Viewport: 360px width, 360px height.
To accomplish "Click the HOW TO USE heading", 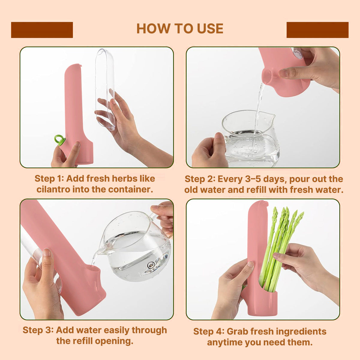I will click(180, 28).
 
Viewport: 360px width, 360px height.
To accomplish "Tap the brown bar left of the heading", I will click(42, 30).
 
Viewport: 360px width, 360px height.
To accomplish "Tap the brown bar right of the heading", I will click(317, 30).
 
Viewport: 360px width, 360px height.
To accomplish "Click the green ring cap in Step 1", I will click(59, 139).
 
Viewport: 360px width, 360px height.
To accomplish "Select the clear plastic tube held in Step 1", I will click(105, 87).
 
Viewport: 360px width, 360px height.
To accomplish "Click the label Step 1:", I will click(49, 178).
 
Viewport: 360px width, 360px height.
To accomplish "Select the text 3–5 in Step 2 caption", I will click(254, 179).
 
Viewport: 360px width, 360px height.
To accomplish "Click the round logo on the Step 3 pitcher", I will click(151, 265).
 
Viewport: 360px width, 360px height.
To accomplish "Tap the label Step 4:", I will click(208, 331).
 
